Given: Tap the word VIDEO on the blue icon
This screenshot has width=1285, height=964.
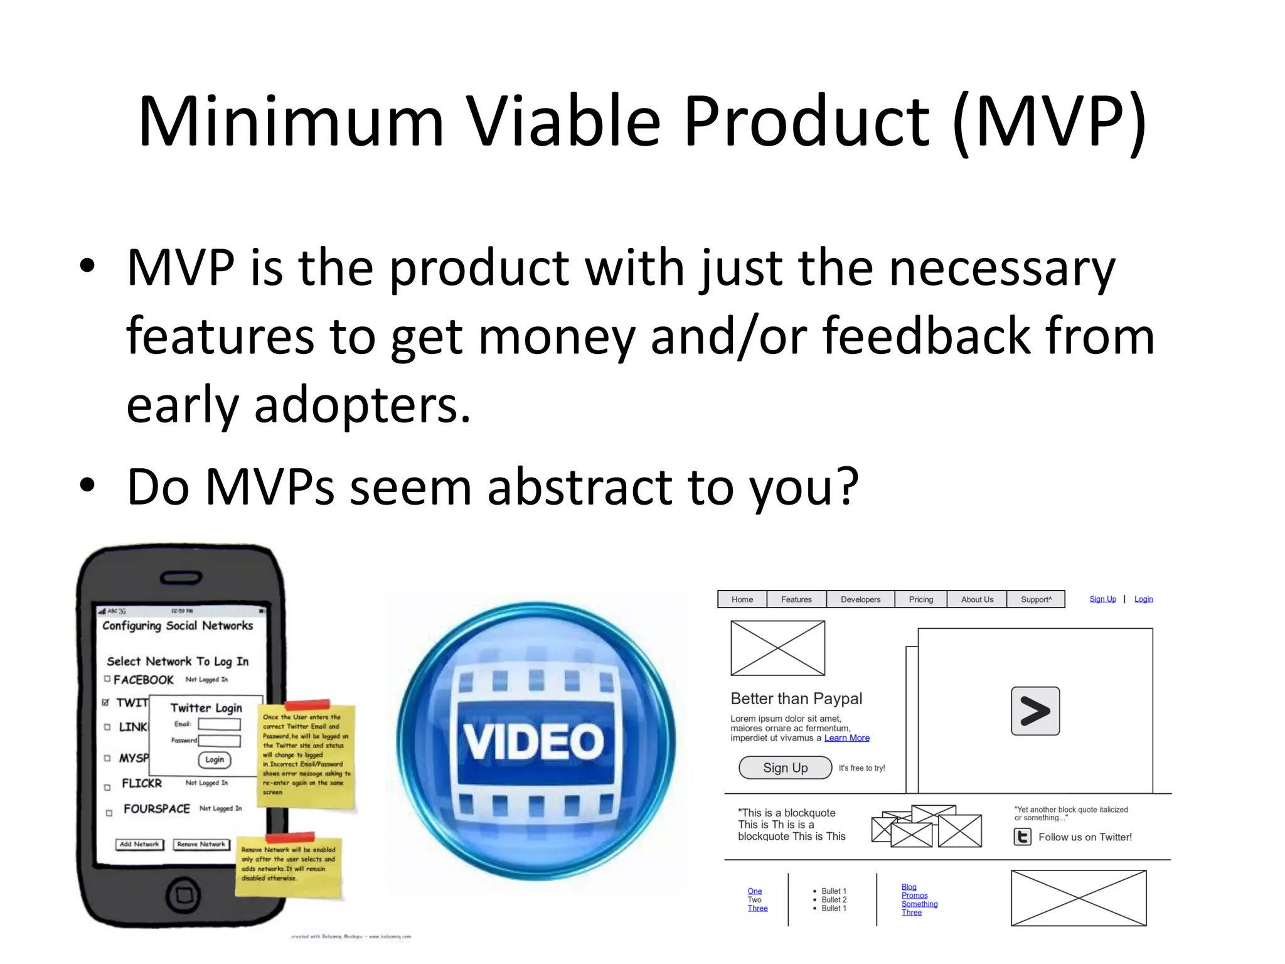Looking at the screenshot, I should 535,741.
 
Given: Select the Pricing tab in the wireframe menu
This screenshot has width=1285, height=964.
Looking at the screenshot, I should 920,599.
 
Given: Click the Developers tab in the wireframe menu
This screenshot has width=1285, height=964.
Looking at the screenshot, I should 860,599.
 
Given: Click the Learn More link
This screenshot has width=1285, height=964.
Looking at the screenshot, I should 846,738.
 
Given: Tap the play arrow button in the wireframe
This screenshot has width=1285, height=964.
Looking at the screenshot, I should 1035,711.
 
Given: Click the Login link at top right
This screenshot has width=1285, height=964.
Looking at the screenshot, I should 1143,599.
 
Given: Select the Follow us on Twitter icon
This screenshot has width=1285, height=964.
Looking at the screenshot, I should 1023,837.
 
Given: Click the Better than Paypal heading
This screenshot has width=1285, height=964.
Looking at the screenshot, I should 796,699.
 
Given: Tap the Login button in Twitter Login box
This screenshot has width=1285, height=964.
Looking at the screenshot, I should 215,760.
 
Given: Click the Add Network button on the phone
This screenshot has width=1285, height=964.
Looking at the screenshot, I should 139,845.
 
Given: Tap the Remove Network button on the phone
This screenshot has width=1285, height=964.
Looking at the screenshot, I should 201,845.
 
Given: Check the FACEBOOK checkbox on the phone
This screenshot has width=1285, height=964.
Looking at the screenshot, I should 107,679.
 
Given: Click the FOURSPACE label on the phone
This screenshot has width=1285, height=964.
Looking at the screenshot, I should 157,809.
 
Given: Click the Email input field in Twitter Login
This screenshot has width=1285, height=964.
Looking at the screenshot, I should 219,724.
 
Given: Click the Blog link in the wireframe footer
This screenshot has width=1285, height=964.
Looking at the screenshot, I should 909,887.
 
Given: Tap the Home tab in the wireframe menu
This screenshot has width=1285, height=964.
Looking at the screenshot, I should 742,599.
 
